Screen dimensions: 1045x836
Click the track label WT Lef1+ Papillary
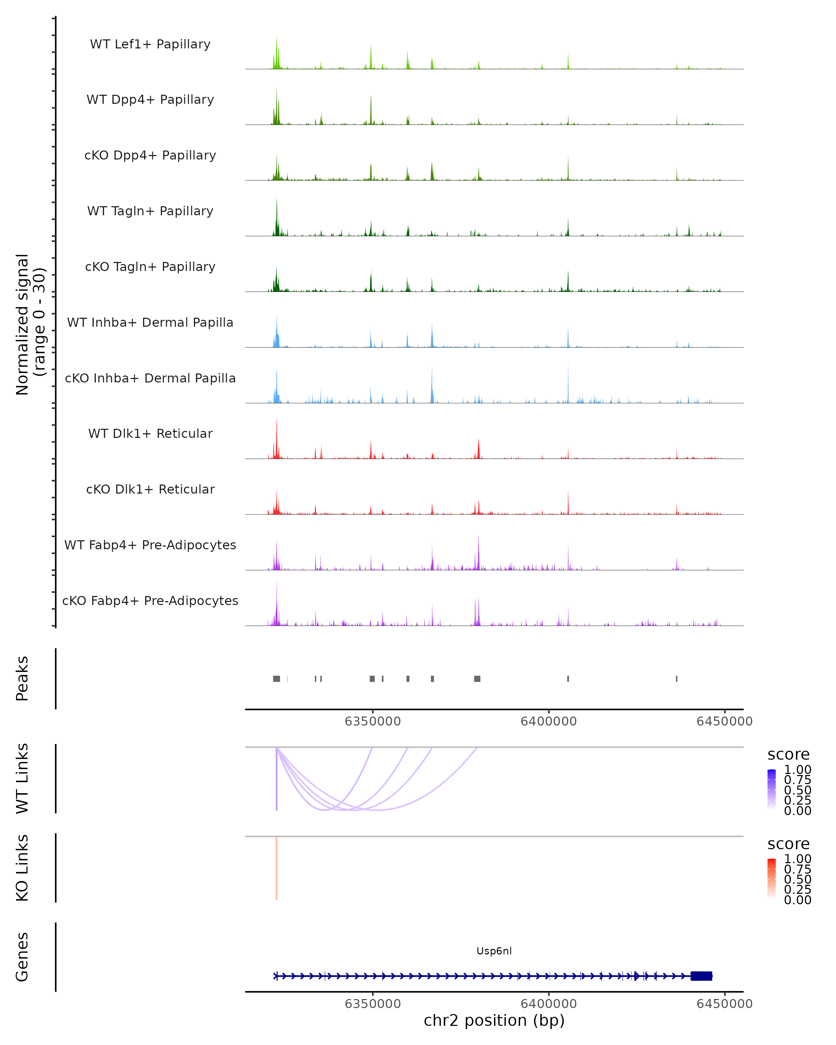click(x=150, y=44)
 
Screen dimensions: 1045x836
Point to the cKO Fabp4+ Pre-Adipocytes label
click(x=150, y=601)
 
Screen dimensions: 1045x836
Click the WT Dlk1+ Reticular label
click(x=150, y=433)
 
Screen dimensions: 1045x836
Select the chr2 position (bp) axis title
click(x=494, y=1020)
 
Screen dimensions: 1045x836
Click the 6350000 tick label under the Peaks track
click(x=373, y=721)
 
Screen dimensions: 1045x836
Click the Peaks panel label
click(x=22, y=679)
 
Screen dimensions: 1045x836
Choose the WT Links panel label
click(x=22, y=779)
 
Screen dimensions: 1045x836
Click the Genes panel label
click(x=22, y=957)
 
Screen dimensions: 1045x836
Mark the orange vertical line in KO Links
click(x=277, y=868)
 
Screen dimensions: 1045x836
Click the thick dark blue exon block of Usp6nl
click(x=701, y=976)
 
